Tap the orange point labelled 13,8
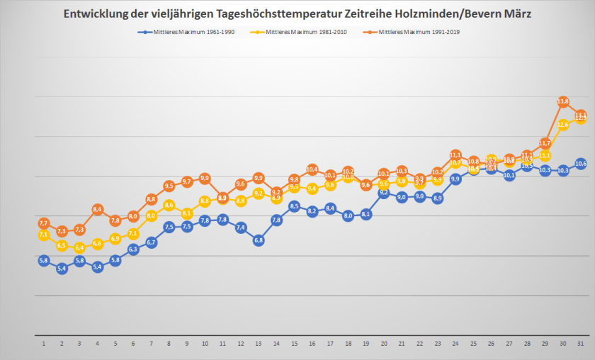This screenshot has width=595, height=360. tap(564, 102)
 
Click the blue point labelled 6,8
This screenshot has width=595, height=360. tap(259, 240)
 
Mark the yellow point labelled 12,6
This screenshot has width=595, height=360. tap(564, 125)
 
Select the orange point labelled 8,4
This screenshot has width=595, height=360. tap(98, 209)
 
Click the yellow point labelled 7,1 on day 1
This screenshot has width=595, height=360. tap(44, 235)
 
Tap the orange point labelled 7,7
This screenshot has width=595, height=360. tap(44, 223)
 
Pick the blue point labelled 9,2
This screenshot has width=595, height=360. tap(384, 192)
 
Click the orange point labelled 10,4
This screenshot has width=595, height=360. tap(312, 169)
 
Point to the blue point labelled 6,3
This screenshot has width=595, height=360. tap(133, 249)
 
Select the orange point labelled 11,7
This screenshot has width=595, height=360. tap(545, 143)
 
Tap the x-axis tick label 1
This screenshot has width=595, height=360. tap(44, 344)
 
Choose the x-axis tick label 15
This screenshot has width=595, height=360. tap(295, 344)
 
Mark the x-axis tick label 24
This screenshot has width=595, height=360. tap(455, 344)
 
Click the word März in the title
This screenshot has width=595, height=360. tap(518, 14)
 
